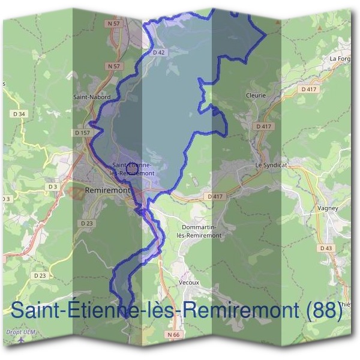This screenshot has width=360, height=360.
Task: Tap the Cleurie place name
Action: (x=256, y=95)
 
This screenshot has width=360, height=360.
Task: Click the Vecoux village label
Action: (x=188, y=281)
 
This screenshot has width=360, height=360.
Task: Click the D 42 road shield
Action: (x=158, y=52)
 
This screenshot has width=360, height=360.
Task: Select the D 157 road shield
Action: (x=82, y=132)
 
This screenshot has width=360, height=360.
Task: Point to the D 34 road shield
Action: (x=20, y=113)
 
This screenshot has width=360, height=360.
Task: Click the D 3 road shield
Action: (x=53, y=187)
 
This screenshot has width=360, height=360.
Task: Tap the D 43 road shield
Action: (x=326, y=248)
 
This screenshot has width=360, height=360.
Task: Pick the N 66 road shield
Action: (x=173, y=334)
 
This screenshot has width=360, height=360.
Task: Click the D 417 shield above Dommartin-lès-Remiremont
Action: (x=215, y=196)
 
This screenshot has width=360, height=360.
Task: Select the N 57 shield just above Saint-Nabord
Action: (x=113, y=66)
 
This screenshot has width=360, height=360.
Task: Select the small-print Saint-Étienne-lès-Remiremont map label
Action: (x=133, y=169)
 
